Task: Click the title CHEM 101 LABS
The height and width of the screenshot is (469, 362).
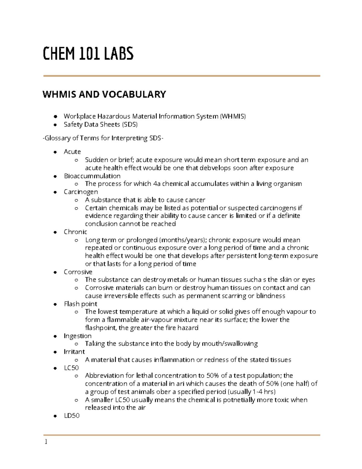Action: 88,54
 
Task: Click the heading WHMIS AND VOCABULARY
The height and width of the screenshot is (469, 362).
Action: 104,94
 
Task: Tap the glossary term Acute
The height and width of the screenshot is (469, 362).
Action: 72,152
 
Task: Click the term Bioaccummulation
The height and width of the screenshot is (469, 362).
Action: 92,176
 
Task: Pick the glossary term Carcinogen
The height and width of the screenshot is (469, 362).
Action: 81,192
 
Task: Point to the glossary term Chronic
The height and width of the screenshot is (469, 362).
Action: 75,232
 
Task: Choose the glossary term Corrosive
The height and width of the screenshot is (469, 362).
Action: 78,272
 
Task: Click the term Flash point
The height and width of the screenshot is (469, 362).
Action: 80,304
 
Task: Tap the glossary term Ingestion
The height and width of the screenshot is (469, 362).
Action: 78,336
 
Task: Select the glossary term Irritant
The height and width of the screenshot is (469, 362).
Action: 74,352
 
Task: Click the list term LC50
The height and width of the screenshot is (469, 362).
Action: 71,368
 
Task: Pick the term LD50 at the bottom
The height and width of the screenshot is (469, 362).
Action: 71,416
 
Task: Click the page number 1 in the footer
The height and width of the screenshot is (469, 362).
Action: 46,442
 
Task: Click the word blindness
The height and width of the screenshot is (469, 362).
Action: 271,296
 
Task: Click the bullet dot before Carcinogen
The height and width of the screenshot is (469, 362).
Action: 55,192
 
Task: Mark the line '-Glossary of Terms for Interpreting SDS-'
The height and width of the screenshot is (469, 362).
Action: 103,138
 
